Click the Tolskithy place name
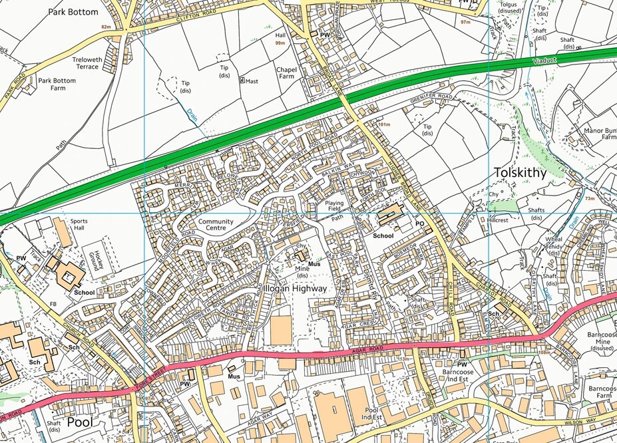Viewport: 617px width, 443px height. tap(520, 173)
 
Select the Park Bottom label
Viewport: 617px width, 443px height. tap(73, 12)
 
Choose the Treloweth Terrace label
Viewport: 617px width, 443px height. tap(87, 63)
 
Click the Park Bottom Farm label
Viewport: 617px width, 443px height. tap(57, 84)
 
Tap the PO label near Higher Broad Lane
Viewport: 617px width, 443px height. tap(420, 225)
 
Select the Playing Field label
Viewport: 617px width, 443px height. tap(335, 206)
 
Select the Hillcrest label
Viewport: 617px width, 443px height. tap(497, 220)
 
